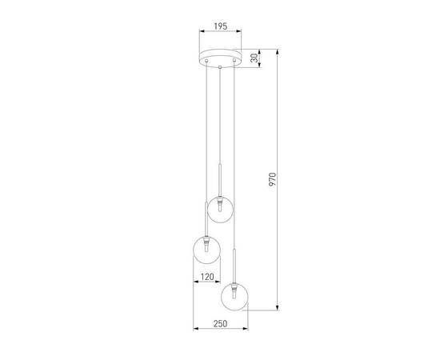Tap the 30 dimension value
tap(254, 58)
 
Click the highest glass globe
tap(220, 208)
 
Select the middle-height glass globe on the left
tap(203, 251)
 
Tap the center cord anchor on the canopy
tap(220, 62)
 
